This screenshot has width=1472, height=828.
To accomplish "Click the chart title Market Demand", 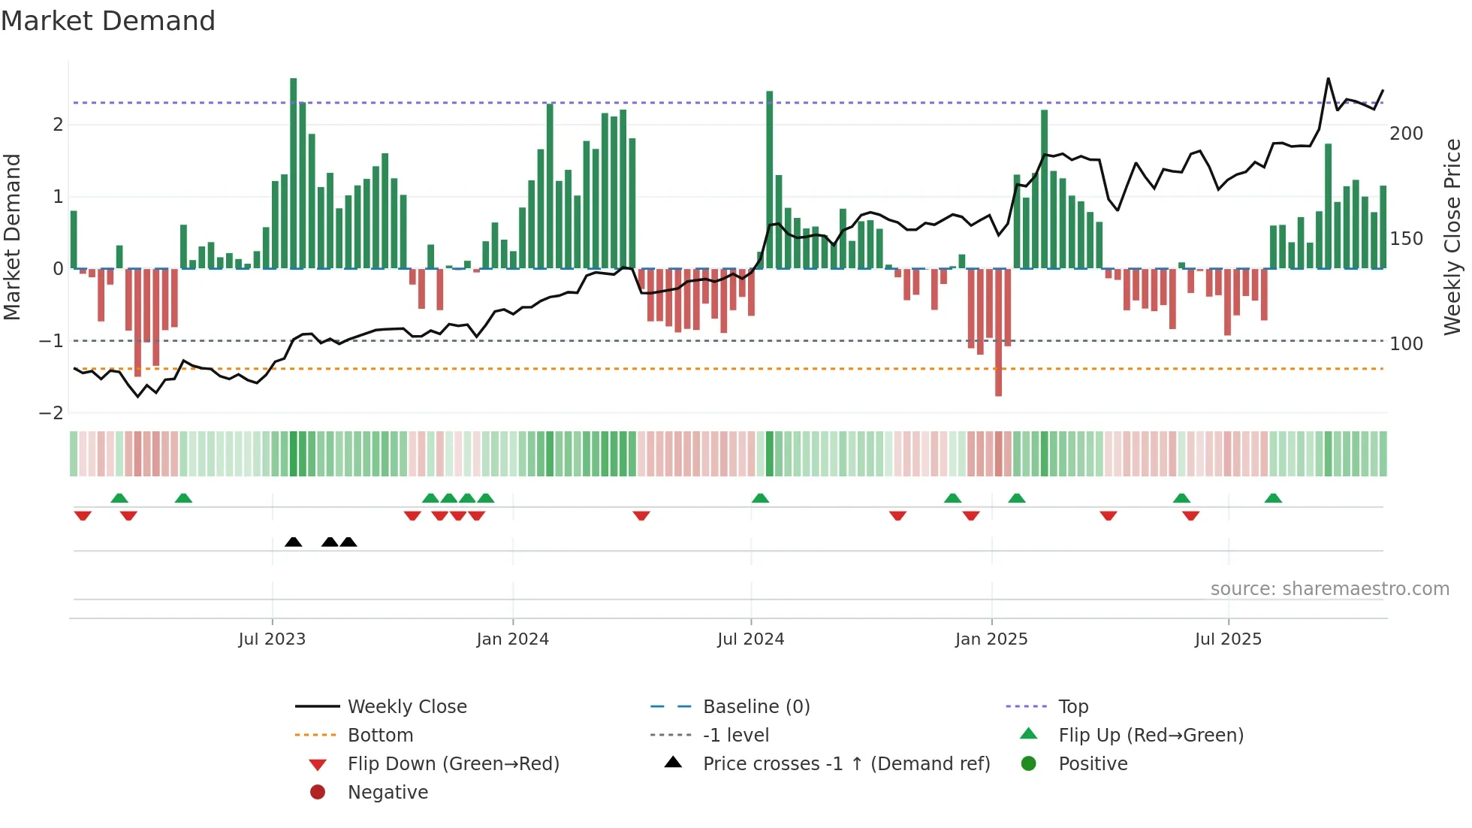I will pyautogui.click(x=108, y=21).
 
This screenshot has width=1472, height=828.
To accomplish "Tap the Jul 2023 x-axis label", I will pyautogui.click(x=272, y=639).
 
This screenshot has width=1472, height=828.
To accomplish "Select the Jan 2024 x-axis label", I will pyautogui.click(x=513, y=639).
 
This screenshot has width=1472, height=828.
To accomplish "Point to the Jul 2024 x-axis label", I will pyautogui.click(x=750, y=639).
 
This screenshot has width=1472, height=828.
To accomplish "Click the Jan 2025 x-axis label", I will pyautogui.click(x=991, y=639).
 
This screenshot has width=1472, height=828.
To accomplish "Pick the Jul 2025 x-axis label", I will pyautogui.click(x=1228, y=639).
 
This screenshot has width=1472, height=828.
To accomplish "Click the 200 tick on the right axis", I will pyautogui.click(x=1406, y=134).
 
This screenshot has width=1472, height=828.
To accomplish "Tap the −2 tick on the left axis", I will pyautogui.click(x=51, y=413).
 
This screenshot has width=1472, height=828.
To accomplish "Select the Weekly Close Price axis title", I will pyautogui.click(x=1452, y=237).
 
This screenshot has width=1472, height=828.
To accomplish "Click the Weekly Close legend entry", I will pyautogui.click(x=407, y=707).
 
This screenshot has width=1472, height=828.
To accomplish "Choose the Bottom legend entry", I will pyautogui.click(x=380, y=736).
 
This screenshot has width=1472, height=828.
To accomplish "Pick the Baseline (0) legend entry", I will pyautogui.click(x=756, y=707).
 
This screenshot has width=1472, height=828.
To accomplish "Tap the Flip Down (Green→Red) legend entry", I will pyautogui.click(x=453, y=764).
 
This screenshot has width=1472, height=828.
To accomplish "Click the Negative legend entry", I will pyautogui.click(x=388, y=793).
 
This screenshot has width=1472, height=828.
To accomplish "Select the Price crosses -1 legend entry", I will pyautogui.click(x=846, y=764).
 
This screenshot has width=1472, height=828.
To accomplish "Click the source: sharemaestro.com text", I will pyautogui.click(x=1329, y=589).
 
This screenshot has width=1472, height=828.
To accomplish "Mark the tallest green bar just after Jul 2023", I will pyautogui.click(x=293, y=173).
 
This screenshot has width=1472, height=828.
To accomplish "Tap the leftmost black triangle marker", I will pyautogui.click(x=294, y=542).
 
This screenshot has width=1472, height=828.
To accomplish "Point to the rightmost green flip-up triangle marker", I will pyautogui.click(x=1273, y=498).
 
